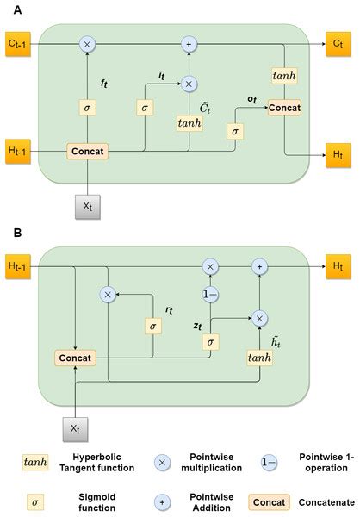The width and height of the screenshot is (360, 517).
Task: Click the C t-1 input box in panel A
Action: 17,42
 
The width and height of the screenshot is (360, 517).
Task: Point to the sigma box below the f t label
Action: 87,108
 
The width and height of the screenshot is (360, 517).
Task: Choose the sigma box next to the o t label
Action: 233,130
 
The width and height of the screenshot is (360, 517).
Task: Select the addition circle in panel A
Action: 189,42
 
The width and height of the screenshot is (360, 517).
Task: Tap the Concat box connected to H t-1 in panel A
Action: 87,152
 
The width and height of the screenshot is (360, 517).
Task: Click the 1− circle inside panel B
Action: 208,294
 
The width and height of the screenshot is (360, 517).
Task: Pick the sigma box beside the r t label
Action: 153,327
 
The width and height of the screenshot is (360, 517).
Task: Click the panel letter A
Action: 8,8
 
